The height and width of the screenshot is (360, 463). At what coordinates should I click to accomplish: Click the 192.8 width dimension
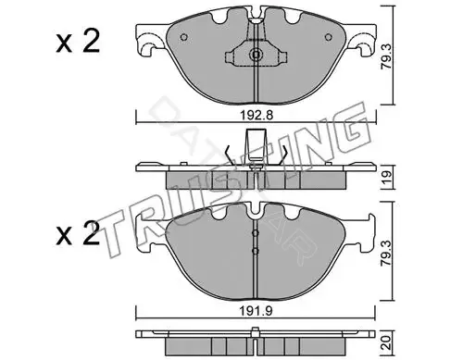coord(257,116)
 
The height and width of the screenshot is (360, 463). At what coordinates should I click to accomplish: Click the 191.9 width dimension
coord(257,311)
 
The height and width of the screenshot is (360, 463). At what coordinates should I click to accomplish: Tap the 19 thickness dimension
coord(387,177)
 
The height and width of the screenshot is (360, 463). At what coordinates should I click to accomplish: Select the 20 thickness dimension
coord(387,342)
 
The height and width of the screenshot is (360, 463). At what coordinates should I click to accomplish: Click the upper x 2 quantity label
coord(78,42)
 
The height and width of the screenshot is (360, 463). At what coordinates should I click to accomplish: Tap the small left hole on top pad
coord(183,37)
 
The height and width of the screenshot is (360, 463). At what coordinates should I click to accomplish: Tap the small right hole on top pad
coord(329,37)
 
